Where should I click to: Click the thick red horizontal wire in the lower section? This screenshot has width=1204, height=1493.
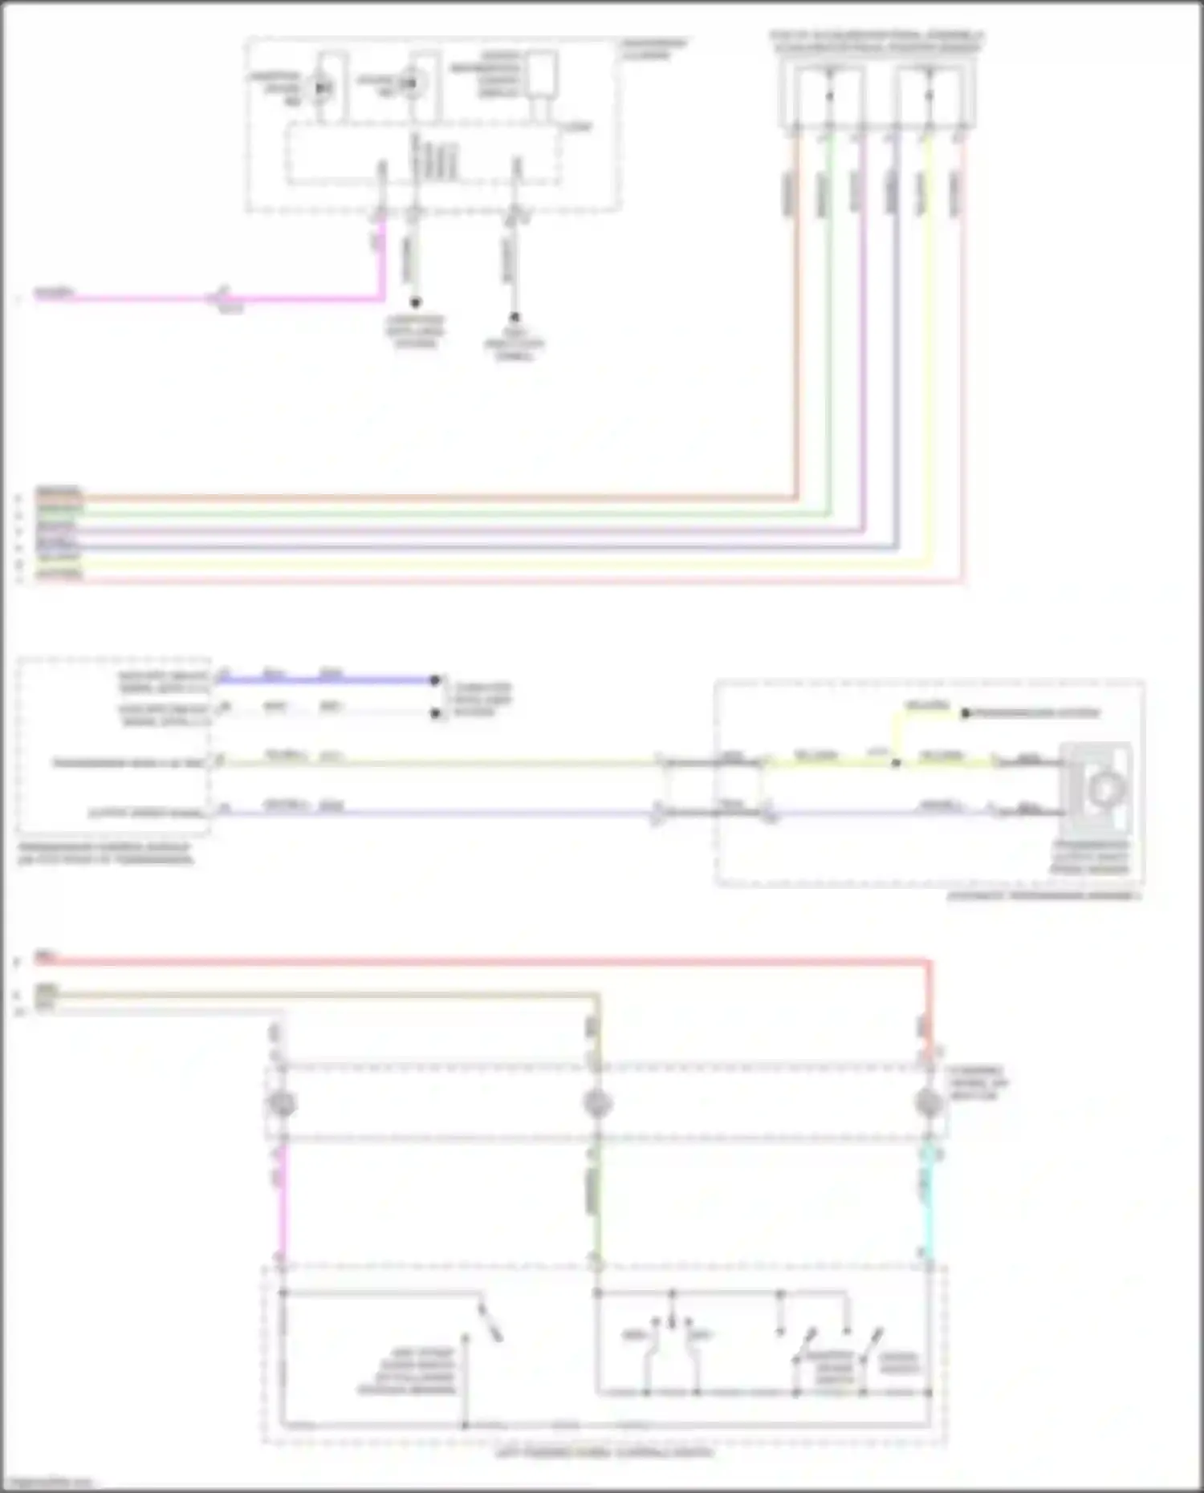(482, 961)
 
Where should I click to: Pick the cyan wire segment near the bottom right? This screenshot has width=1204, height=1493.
(929, 1195)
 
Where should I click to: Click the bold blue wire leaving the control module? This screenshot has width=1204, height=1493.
(321, 680)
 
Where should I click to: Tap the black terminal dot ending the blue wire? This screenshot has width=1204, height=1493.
(435, 680)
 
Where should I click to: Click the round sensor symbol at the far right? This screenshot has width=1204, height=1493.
(1104, 790)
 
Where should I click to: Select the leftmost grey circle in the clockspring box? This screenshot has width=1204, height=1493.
(282, 1105)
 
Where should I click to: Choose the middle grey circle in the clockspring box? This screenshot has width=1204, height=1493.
(597, 1105)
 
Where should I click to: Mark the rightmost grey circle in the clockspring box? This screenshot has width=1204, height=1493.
(929, 1105)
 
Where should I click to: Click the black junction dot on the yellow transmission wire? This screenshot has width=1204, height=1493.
(896, 762)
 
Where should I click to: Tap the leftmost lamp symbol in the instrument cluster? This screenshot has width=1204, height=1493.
(321, 87)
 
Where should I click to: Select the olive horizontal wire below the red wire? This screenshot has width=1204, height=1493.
(321, 996)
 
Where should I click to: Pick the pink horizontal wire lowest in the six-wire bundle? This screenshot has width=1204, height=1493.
(482, 580)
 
